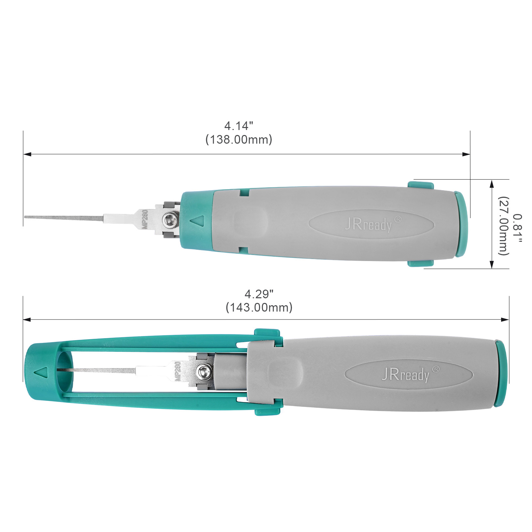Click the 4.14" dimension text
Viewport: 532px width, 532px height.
(x=238, y=126)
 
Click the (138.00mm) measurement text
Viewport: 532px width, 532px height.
(x=239, y=139)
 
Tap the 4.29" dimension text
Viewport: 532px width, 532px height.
(x=259, y=294)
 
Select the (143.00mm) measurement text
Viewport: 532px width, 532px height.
(x=259, y=307)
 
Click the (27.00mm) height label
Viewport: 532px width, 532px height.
(x=503, y=226)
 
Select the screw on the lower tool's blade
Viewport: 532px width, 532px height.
(x=204, y=371)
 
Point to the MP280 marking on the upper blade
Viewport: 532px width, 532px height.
(x=145, y=219)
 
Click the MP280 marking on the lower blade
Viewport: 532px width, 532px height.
(x=178, y=371)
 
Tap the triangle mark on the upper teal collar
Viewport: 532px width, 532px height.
(x=197, y=221)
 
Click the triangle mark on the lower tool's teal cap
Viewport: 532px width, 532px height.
(x=42, y=372)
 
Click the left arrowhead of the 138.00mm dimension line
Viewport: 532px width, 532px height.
(x=27, y=154)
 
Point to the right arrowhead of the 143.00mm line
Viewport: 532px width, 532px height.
(x=505, y=320)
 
